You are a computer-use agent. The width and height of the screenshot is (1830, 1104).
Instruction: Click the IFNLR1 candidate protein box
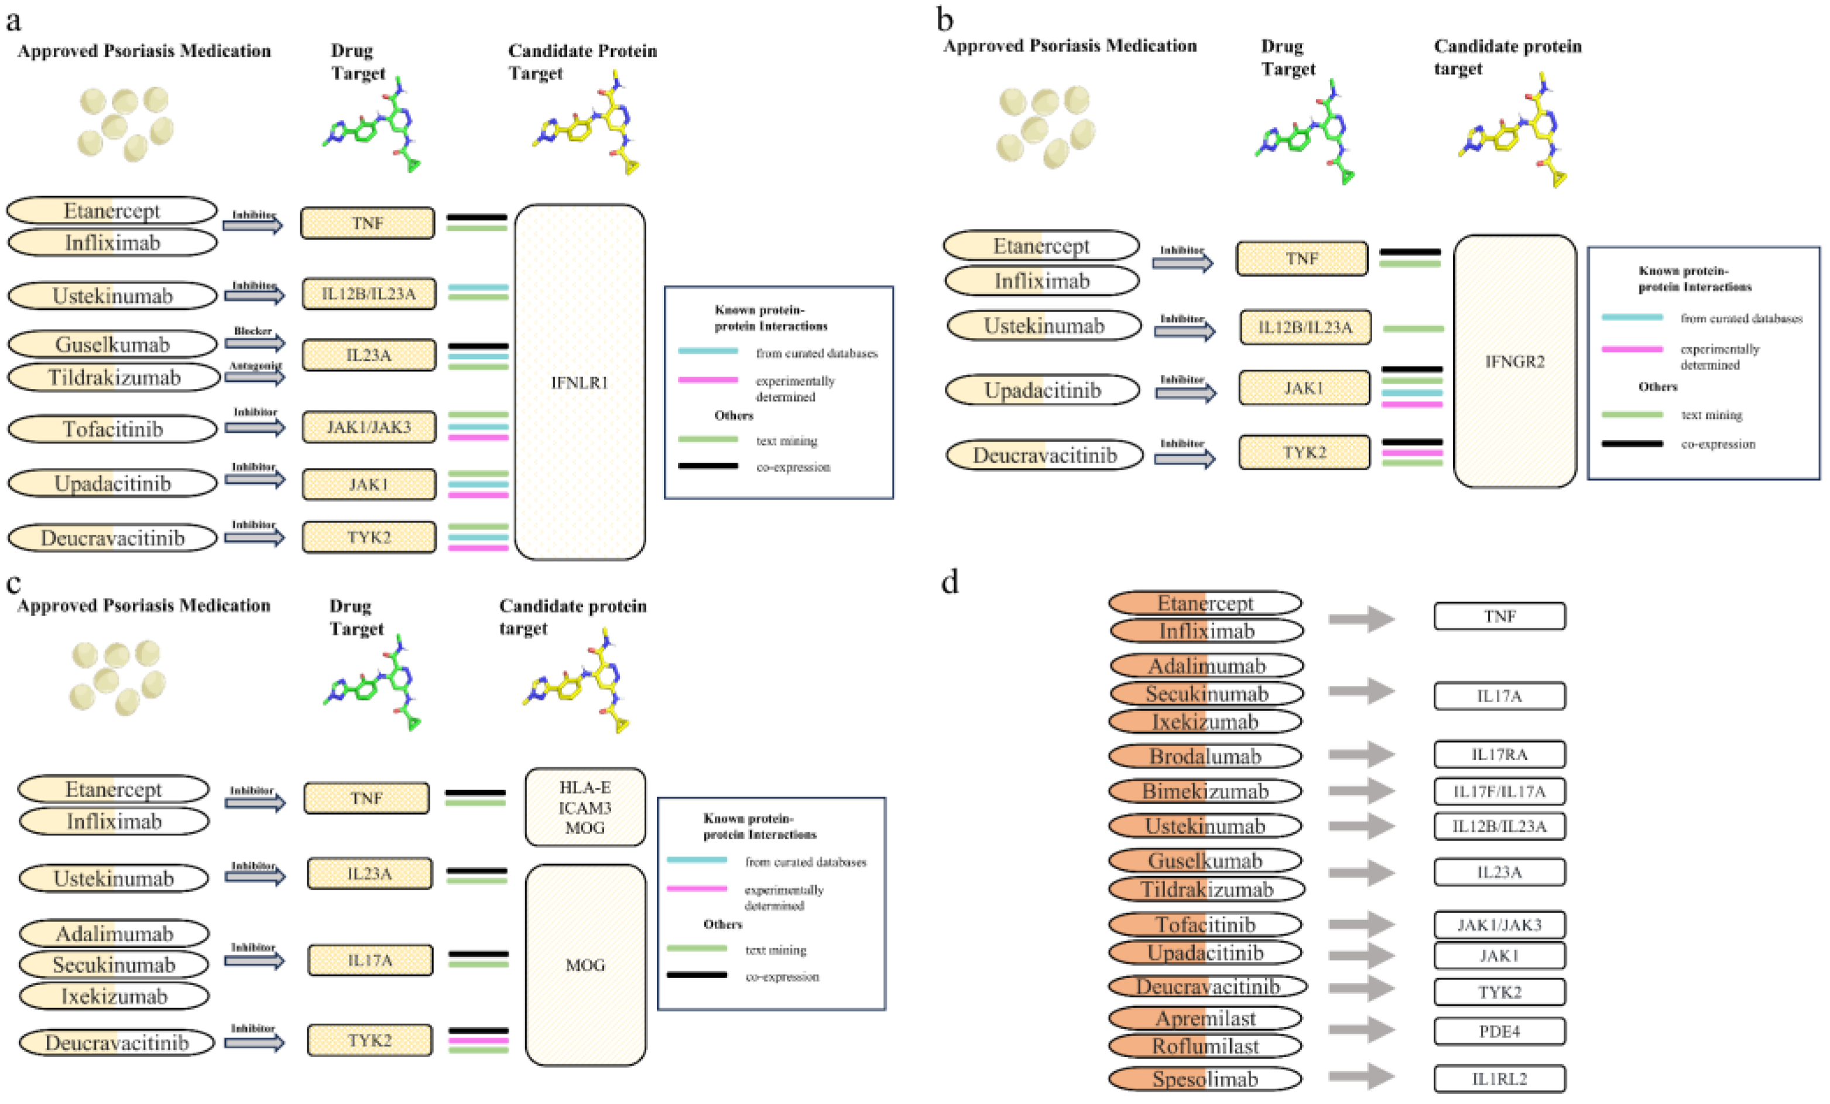click(x=580, y=382)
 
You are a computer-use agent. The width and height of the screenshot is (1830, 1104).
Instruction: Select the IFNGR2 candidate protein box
click(x=1514, y=362)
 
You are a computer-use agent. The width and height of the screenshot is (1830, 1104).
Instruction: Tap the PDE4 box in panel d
click(x=1499, y=1031)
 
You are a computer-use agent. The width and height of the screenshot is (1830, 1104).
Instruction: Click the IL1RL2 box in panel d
click(x=1499, y=1079)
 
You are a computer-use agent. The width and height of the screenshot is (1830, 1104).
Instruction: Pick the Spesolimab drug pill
click(x=1205, y=1079)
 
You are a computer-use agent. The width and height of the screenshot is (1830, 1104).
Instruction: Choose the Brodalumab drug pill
click(x=1205, y=756)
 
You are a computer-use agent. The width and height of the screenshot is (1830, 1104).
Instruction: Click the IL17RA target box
click(x=1499, y=754)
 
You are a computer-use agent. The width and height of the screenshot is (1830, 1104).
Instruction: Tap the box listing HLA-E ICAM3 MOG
click(x=585, y=808)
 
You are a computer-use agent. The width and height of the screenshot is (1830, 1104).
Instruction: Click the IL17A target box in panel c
click(x=370, y=960)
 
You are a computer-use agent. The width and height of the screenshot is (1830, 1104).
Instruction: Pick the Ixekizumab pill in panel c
click(x=114, y=996)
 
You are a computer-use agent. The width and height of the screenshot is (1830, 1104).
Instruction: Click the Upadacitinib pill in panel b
click(x=1042, y=390)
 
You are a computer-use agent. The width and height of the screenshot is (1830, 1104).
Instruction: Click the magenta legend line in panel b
click(x=1632, y=349)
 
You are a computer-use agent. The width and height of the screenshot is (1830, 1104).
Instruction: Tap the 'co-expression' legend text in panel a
click(x=793, y=467)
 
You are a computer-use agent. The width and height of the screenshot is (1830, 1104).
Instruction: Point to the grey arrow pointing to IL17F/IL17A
click(x=1360, y=791)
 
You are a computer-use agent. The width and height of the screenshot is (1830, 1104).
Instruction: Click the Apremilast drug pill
click(x=1205, y=1018)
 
